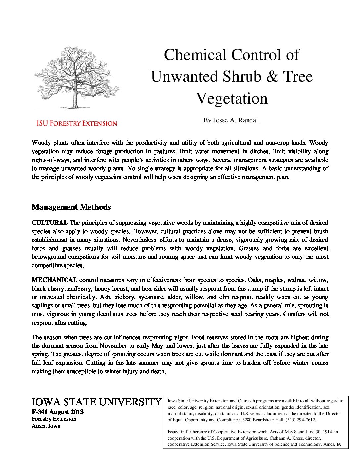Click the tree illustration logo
pyautogui.click(x=76, y=78)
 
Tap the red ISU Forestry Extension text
pyautogui.click(x=76, y=123)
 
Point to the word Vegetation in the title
pyautogui.click(x=232, y=99)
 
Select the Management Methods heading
pyautogui.click(x=71, y=207)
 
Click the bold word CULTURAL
pyautogui.click(x=50, y=222)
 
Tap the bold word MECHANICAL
pyautogui.click(x=54, y=280)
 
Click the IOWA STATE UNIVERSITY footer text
pyautogui.click(x=96, y=402)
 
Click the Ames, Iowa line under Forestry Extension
pyautogui.click(x=46, y=426)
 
